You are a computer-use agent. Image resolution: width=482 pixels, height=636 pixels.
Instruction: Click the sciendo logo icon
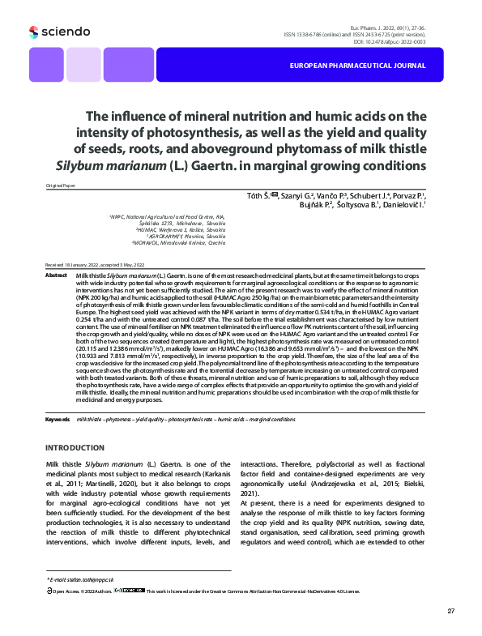(33, 32)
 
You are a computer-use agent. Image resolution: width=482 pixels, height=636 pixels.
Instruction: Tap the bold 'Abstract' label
(56, 275)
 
